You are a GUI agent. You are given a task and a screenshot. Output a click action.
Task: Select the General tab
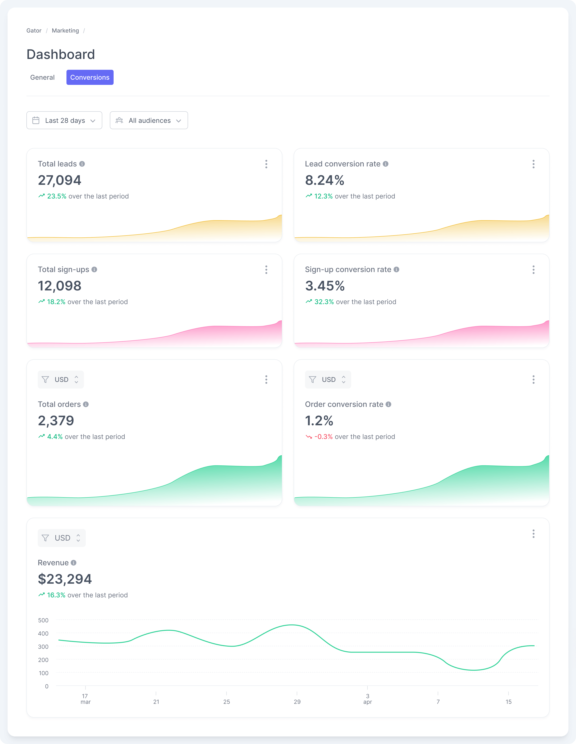coord(42,77)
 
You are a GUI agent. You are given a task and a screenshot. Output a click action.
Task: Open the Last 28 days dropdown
coord(64,120)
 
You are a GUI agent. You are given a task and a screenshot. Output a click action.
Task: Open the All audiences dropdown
coord(149,120)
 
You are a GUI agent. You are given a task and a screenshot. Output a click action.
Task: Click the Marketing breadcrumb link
coord(65,31)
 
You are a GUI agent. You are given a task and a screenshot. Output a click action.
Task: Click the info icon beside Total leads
coord(82,164)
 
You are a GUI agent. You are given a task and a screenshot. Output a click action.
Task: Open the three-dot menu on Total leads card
coord(266,164)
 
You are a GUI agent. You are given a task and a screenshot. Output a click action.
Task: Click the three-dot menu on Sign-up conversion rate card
coord(533,270)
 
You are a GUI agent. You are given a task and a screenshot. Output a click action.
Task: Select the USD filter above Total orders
coord(61,380)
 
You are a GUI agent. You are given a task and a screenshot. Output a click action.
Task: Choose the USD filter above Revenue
coord(62,538)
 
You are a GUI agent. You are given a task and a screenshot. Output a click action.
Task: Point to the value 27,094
coord(60,180)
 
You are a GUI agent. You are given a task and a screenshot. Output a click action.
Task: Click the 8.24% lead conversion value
coord(324,180)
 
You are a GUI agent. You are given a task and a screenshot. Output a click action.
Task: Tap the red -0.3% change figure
coord(323,437)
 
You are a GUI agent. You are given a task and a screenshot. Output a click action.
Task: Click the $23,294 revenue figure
coord(65,579)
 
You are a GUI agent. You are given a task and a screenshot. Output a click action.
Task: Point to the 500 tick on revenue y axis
coord(43,620)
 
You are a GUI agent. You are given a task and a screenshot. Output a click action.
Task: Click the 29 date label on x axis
coord(297,702)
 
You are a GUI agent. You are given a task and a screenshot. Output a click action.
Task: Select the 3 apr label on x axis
coord(367,699)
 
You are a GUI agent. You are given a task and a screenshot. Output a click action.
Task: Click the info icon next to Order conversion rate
coord(388,404)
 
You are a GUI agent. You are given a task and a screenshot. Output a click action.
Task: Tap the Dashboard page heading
coord(61,54)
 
